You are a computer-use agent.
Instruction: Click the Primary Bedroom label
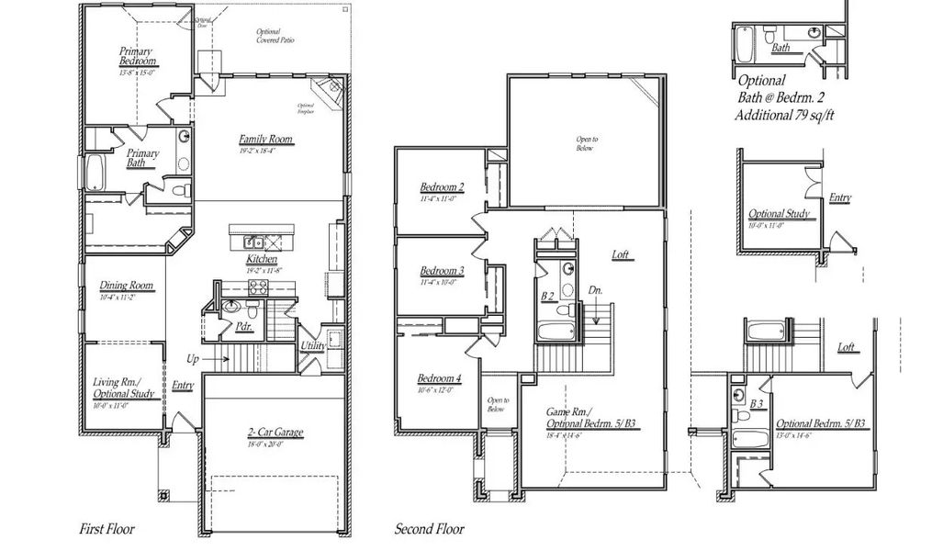click(x=137, y=57)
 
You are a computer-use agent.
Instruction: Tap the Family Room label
click(x=265, y=140)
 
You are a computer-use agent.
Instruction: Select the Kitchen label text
click(x=261, y=260)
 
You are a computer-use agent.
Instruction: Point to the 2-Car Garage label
click(x=275, y=433)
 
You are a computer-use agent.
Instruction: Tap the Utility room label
click(x=313, y=345)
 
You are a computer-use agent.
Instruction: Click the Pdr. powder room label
click(x=244, y=325)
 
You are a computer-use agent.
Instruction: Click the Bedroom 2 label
click(x=442, y=186)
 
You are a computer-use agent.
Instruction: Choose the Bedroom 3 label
click(x=442, y=271)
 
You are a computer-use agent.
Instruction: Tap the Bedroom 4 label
click(x=439, y=379)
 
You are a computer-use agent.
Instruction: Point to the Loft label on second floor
click(x=623, y=254)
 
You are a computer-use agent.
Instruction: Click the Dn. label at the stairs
click(x=595, y=291)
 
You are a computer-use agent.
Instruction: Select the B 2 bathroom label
click(x=547, y=296)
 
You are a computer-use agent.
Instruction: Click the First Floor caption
click(x=106, y=529)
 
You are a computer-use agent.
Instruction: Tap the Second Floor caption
click(x=429, y=529)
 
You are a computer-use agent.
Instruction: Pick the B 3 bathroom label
click(x=757, y=403)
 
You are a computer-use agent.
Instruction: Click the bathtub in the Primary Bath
click(x=95, y=171)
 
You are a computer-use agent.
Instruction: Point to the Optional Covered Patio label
click(x=275, y=36)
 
